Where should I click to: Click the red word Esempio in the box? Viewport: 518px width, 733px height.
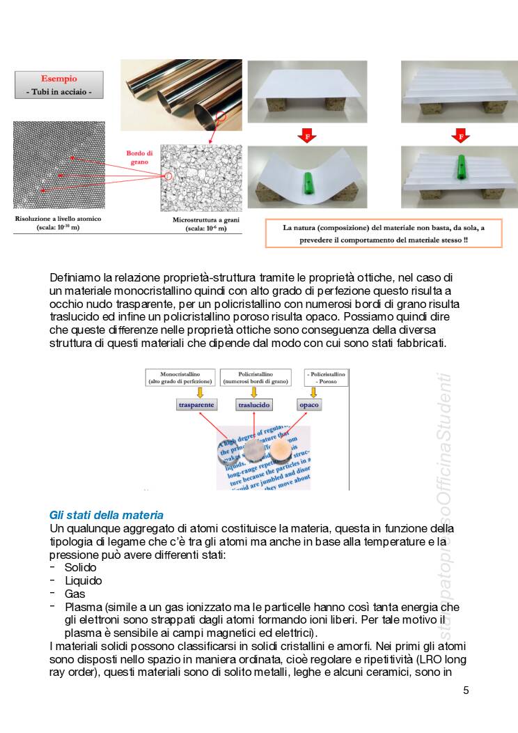(x=58, y=79)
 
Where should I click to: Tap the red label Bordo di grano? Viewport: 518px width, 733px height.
(x=137, y=157)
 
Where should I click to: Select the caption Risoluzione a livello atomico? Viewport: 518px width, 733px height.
(x=58, y=219)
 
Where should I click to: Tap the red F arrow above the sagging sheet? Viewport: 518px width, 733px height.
(x=306, y=135)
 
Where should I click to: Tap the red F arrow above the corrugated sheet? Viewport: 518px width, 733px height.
(x=460, y=135)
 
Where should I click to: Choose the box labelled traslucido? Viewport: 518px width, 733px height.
(x=254, y=405)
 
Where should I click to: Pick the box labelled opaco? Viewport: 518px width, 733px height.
(x=309, y=405)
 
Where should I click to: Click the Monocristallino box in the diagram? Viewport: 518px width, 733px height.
(x=180, y=378)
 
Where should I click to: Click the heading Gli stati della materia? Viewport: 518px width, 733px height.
(x=106, y=515)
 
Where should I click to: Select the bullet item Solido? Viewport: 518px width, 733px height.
(x=80, y=567)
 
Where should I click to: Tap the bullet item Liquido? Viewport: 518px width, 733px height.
(x=83, y=580)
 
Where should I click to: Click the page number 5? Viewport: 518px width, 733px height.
(x=466, y=690)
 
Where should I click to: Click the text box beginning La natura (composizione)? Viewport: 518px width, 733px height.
(x=383, y=233)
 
